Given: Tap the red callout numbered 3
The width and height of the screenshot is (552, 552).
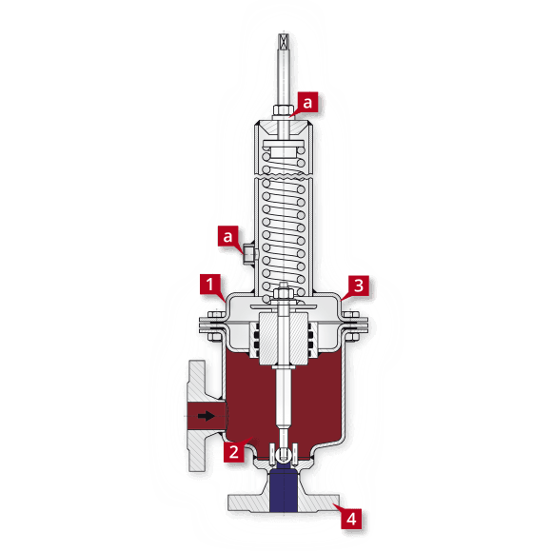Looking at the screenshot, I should [x=357, y=284].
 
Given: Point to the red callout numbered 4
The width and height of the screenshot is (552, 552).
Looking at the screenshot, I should [x=352, y=520].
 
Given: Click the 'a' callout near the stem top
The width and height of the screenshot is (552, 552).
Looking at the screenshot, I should [x=307, y=100].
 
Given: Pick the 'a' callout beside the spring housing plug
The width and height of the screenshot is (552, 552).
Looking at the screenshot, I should [x=227, y=234].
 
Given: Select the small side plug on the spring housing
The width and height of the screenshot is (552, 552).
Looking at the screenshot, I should [x=246, y=252].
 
